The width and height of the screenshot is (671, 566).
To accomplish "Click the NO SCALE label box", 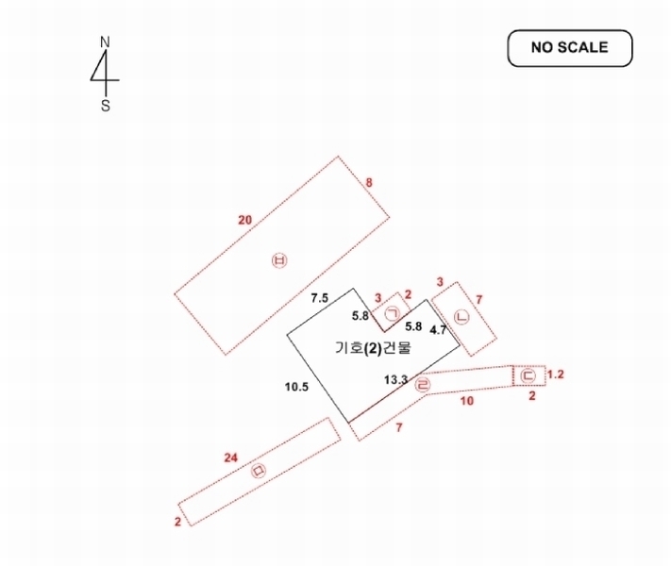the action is [x=570, y=48].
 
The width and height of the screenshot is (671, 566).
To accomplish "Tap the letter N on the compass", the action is [x=105, y=42].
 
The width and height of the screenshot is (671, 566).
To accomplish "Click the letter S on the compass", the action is [x=106, y=106].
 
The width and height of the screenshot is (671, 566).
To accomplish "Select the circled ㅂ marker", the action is [x=279, y=260].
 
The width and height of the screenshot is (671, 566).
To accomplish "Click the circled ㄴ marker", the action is [x=461, y=317].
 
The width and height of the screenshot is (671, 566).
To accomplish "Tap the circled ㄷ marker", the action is [x=528, y=376].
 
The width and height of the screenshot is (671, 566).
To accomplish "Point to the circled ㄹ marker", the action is [x=423, y=385].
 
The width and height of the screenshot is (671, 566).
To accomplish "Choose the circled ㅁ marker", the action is [x=259, y=471].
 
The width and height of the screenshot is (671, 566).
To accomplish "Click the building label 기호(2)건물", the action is [x=373, y=348].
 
